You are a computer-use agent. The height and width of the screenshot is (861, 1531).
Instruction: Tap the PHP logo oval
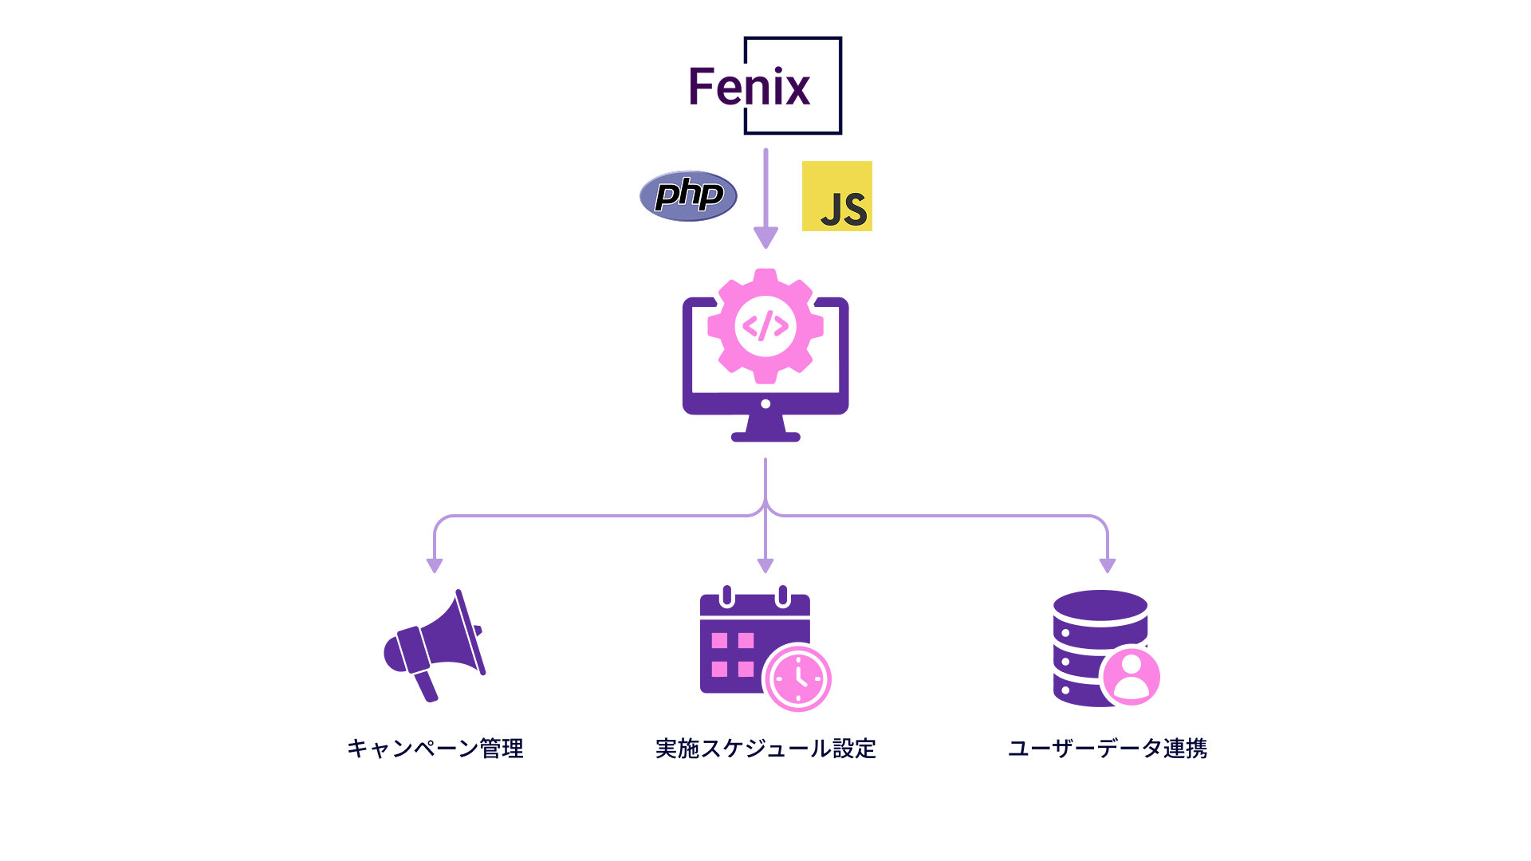688,196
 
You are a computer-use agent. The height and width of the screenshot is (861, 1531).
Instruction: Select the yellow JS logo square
837,196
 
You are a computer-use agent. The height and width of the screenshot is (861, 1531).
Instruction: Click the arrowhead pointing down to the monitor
765,238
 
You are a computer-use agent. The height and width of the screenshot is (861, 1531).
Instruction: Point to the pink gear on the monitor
765,326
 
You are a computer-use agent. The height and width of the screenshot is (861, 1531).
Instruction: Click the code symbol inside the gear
765,326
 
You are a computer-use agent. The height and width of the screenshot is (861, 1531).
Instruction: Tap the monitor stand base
765,436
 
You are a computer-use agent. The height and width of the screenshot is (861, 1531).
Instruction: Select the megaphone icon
435,646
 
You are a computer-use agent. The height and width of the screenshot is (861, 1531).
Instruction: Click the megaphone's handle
426,686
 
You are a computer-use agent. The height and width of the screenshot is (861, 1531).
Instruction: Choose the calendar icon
754,639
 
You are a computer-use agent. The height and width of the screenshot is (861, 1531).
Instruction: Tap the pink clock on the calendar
797,678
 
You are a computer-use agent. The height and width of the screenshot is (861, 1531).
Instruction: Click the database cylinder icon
1100,647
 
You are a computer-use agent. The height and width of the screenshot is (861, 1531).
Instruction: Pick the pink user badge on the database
1131,676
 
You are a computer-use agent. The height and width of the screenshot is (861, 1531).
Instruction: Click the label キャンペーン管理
435,749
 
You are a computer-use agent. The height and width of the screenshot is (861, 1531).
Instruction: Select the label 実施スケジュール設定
765,749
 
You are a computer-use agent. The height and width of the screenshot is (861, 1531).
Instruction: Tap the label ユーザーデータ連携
1108,749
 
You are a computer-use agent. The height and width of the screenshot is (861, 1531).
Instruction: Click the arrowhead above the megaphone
435,566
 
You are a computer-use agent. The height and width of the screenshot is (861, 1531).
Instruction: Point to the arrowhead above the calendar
765,566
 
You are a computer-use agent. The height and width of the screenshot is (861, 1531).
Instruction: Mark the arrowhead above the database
1108,566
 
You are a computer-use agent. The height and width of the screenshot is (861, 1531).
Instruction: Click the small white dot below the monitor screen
765,404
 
